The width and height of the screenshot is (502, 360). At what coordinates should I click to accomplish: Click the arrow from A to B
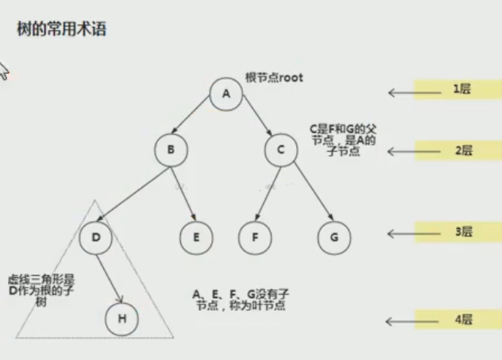click(x=190, y=115)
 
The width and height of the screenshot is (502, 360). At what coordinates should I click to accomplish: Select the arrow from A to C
click(x=257, y=115)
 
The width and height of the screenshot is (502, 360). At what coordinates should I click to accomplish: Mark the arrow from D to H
click(x=110, y=279)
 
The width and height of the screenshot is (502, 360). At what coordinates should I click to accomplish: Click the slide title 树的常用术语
click(x=61, y=29)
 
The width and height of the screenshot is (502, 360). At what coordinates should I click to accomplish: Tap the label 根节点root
click(x=274, y=78)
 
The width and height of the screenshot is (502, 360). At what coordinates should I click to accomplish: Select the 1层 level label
click(x=462, y=89)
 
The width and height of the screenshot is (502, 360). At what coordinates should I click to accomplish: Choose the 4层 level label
click(x=464, y=319)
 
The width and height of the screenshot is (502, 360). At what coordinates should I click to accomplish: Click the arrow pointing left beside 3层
click(x=415, y=234)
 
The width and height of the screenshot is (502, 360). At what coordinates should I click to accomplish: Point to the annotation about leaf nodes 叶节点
click(x=241, y=300)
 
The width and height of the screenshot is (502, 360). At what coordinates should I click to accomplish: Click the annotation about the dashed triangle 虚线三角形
click(x=41, y=290)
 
